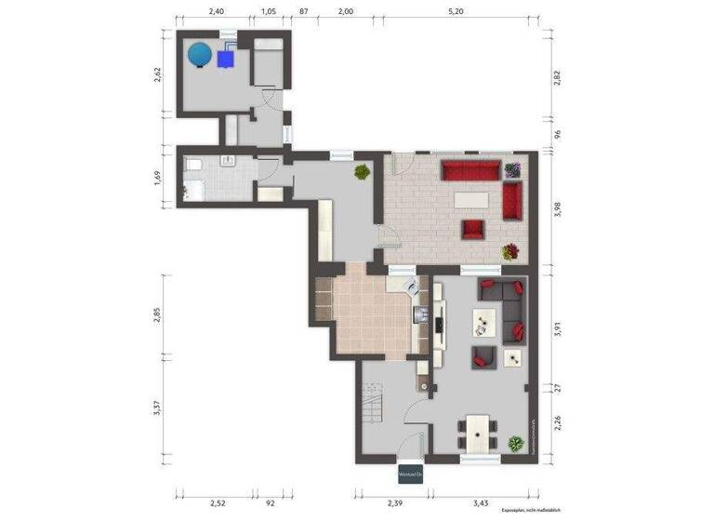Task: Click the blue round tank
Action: point(199,55)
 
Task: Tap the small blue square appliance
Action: point(225,59)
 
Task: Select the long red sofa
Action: point(470,170)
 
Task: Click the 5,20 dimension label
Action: point(456,11)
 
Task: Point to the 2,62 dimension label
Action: point(159,74)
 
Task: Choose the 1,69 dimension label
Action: point(159,176)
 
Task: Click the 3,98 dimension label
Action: point(558,210)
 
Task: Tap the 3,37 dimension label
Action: point(159,408)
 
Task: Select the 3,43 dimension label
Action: point(480,503)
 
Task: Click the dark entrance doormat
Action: point(410,473)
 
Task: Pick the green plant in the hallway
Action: point(360,172)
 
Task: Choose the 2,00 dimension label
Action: point(345,11)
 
